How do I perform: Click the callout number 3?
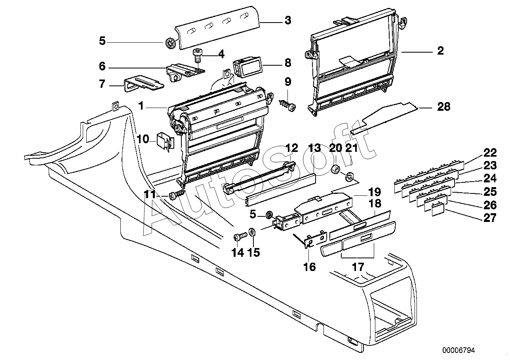(x=288, y=20)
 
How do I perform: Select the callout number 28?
(x=444, y=106)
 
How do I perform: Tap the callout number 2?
(x=441, y=51)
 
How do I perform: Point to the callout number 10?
(x=143, y=139)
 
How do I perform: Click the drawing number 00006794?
(x=459, y=350)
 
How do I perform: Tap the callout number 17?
(x=358, y=267)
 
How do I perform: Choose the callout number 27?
(x=490, y=218)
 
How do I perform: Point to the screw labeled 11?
(x=177, y=195)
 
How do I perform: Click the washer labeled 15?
(x=252, y=232)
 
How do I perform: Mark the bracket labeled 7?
(x=144, y=83)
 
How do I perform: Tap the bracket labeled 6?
(x=185, y=72)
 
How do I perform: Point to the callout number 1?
(x=141, y=106)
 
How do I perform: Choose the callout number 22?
(x=490, y=153)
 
